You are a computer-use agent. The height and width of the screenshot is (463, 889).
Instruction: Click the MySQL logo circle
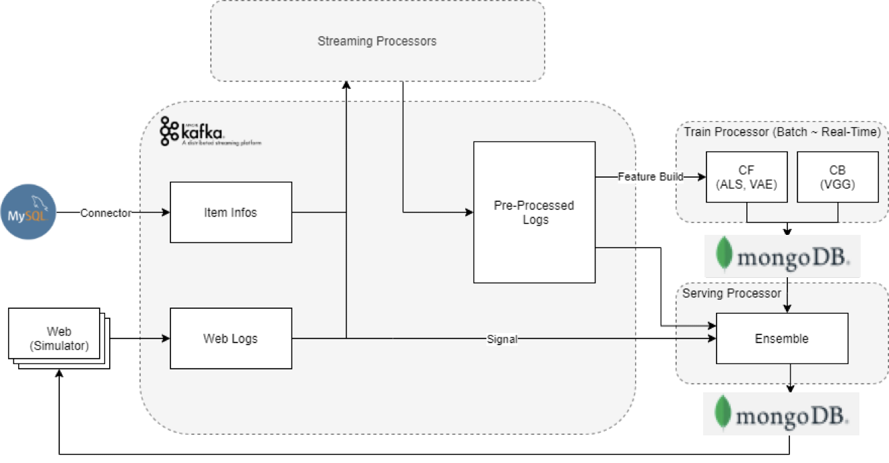tap(29, 212)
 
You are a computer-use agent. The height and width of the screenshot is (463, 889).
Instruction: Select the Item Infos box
tap(230, 212)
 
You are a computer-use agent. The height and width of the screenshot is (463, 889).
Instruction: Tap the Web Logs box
tap(230, 339)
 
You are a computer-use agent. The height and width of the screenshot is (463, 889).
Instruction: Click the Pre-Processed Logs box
tap(534, 212)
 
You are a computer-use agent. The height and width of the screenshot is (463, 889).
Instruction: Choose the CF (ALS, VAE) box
tap(746, 176)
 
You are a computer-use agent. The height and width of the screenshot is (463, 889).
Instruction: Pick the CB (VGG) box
tap(837, 176)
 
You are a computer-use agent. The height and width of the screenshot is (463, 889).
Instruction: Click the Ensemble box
tap(781, 339)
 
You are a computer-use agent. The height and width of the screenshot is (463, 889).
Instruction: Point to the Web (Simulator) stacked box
tap(57, 338)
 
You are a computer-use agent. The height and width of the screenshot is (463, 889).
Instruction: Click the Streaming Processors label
tap(377, 41)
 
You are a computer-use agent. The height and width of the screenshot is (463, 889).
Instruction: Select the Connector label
tap(106, 213)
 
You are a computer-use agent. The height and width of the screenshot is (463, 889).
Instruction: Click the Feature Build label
tap(651, 177)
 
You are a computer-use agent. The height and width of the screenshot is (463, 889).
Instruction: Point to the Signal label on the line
tap(502, 339)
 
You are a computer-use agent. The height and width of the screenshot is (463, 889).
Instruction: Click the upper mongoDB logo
tap(782, 256)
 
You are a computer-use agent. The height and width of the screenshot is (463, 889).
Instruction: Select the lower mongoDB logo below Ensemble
tap(781, 413)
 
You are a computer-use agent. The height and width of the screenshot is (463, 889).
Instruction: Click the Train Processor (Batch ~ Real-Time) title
tap(782, 132)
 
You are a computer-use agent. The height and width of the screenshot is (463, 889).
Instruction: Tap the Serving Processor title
tap(731, 293)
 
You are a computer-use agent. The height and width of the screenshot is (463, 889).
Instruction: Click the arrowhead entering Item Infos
tap(166, 213)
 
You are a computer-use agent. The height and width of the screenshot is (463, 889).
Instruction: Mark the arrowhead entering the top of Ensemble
tap(787, 309)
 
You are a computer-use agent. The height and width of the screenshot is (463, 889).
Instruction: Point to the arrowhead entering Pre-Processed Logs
tap(469, 213)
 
